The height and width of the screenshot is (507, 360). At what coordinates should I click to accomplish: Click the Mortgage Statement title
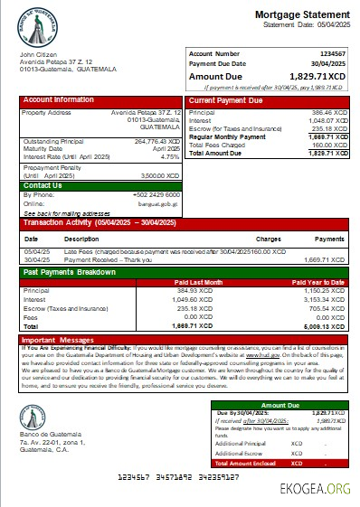pyautogui.click(x=305, y=15)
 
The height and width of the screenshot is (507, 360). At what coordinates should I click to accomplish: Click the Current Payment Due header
pyautogui.click(x=226, y=99)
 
